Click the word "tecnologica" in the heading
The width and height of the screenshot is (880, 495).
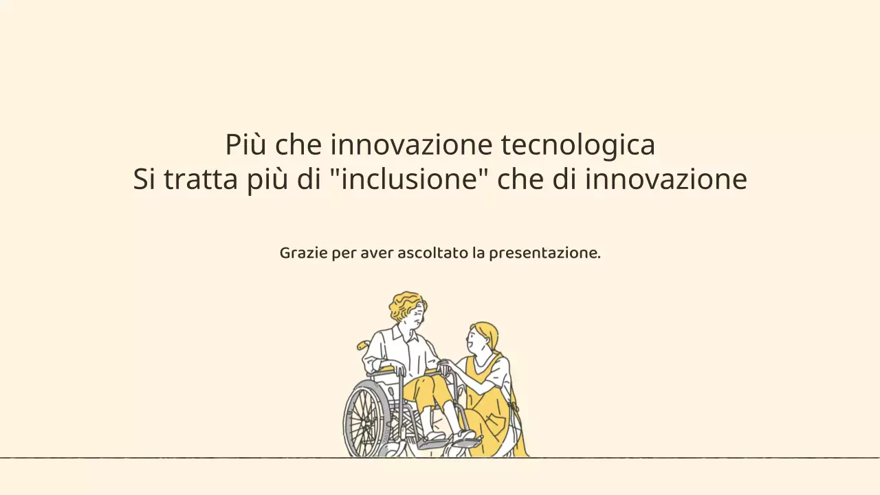(577, 145)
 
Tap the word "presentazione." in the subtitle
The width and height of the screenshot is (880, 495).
(544, 253)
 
